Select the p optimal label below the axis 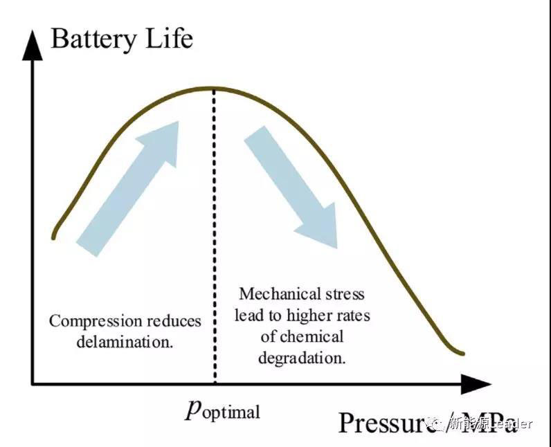tap(222, 410)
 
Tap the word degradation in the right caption tap(302, 358)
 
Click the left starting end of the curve tap(53, 237)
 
